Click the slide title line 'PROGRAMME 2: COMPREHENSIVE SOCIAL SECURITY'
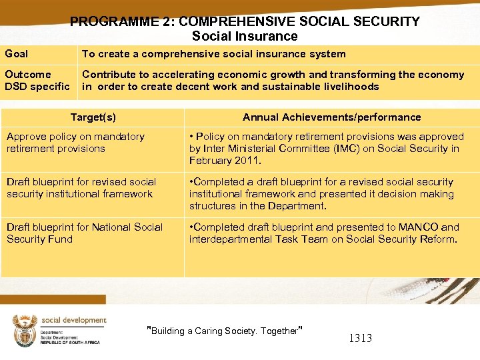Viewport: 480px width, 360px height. tap(245, 21)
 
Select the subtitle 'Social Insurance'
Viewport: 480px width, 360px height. tap(245, 36)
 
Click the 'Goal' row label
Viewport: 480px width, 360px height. tap(17, 53)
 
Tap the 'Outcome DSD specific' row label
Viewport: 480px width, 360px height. tap(37, 81)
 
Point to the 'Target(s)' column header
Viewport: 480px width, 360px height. tap(93, 117)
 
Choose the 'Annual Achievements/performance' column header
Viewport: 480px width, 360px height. tap(331, 117)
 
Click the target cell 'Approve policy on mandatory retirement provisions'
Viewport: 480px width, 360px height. tap(75, 143)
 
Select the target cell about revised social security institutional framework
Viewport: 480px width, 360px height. tap(81, 188)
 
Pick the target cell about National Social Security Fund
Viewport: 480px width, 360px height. tap(84, 233)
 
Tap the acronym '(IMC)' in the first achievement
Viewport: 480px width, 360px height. tap(326, 149)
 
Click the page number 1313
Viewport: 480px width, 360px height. tap(360, 338)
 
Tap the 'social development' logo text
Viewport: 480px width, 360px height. tap(73, 321)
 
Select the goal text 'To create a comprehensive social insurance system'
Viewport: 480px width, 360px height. tap(213, 53)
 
